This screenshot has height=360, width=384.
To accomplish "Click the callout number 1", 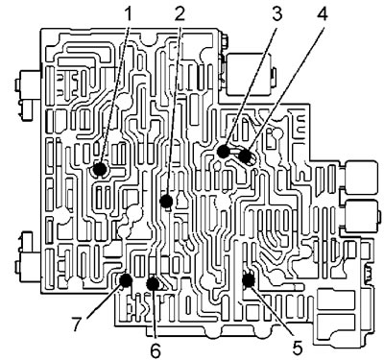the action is (x=128, y=13).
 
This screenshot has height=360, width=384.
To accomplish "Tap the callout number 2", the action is (x=180, y=13).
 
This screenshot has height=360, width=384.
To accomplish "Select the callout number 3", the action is (x=276, y=13).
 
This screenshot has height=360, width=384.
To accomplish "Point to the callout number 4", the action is (x=323, y=13).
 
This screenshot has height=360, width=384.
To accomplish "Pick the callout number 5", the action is (x=297, y=348).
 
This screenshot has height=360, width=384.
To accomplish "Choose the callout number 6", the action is (x=156, y=351).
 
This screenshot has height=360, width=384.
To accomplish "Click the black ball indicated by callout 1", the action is (x=100, y=169).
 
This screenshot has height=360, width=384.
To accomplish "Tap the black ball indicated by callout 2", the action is (x=166, y=202).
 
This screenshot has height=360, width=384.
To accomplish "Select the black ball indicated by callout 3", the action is (x=223, y=152).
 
